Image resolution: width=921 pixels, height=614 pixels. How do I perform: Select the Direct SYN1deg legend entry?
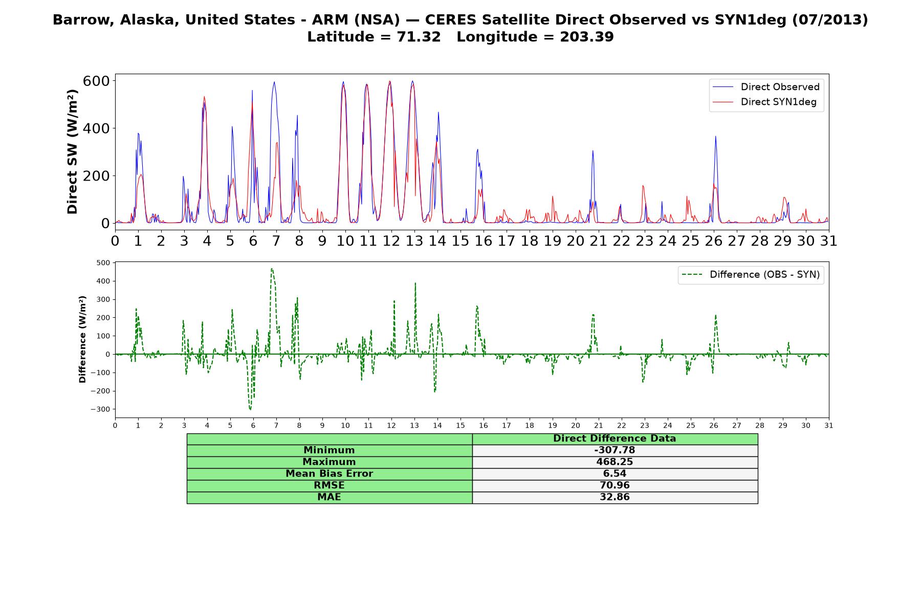[764, 102]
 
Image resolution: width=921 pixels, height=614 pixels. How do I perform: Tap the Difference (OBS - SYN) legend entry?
[751, 275]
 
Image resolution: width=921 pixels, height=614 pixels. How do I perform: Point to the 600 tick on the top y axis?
[96, 81]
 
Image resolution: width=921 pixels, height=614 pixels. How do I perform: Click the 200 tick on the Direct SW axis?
[96, 176]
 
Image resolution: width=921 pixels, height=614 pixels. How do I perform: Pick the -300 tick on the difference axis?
[100, 409]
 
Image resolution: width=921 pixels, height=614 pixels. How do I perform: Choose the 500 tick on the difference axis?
[103, 263]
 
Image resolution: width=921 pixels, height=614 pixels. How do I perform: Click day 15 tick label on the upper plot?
[461, 240]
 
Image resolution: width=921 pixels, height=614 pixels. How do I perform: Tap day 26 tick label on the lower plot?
[714, 425]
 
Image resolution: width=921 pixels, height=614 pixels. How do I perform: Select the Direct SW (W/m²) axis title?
[72, 151]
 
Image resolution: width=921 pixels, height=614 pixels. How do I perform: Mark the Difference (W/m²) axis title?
[82, 339]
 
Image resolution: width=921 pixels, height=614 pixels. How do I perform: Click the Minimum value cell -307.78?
[615, 450]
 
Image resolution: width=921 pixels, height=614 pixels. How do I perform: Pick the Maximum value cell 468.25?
[615, 462]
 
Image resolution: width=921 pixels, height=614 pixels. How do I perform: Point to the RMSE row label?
[329, 486]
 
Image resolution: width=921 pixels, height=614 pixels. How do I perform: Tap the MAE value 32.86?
[615, 497]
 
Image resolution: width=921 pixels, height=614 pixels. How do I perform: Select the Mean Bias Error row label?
[329, 474]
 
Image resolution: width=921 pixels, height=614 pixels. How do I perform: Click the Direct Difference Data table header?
[615, 438]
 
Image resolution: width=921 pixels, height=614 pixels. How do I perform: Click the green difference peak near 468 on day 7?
[272, 269]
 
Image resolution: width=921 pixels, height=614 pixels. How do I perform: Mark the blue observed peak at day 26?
[715, 136]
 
